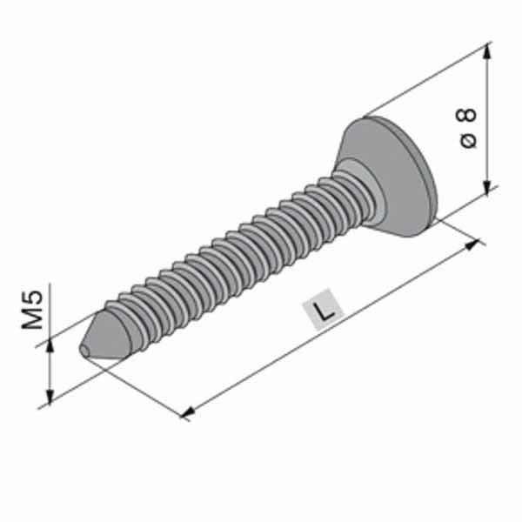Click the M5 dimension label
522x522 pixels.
click(33, 310)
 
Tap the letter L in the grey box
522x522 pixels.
click(323, 310)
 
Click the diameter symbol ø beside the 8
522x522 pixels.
click(468, 141)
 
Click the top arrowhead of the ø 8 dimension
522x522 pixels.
click(486, 52)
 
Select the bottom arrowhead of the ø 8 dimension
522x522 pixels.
click(487, 187)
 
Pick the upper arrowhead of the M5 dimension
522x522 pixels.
click(50, 345)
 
